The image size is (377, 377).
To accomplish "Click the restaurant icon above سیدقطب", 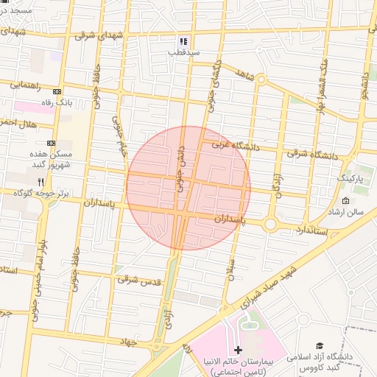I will (183, 41).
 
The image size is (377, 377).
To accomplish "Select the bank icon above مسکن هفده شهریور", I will (51, 143).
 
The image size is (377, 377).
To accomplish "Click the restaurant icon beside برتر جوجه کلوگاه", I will (42, 181).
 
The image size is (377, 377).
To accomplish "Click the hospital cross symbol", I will (236, 349).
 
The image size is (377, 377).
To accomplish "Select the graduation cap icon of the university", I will (320, 345).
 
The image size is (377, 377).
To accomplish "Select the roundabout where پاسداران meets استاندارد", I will (270, 224).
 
